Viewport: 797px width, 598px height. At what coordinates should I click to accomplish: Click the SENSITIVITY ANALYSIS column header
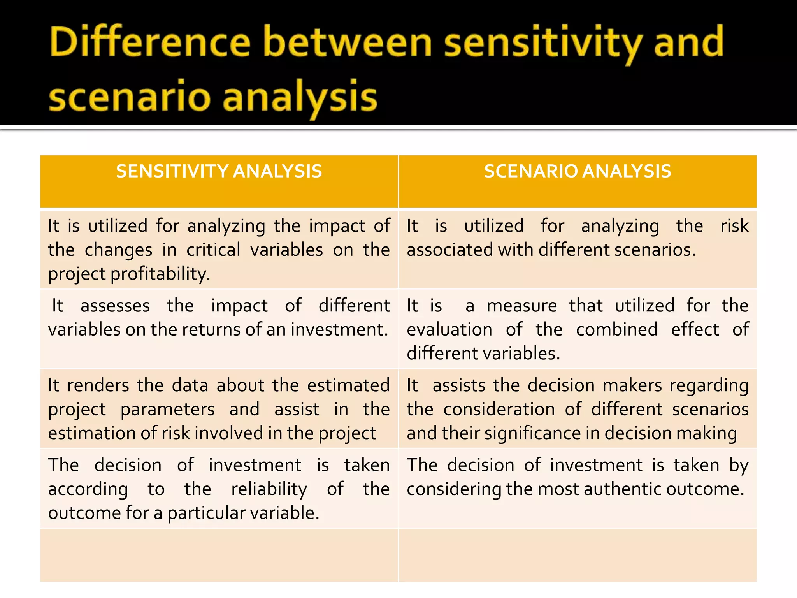tap(219, 172)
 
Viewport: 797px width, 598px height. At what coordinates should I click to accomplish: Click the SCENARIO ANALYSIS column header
tap(578, 172)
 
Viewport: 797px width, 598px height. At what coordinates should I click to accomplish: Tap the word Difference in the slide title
tap(150, 43)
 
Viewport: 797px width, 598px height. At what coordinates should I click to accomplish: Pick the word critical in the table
tap(213, 250)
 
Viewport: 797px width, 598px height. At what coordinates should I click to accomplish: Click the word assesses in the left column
tap(115, 306)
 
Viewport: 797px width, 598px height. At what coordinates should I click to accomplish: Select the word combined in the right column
tap(617, 330)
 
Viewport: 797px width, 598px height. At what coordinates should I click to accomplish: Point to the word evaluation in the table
tap(449, 330)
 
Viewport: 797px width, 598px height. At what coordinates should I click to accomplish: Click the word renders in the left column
tap(98, 385)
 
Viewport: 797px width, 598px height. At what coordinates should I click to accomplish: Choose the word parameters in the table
tap(167, 410)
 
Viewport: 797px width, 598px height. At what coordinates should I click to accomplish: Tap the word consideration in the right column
tap(499, 410)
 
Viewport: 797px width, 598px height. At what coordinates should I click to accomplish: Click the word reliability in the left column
tap(269, 489)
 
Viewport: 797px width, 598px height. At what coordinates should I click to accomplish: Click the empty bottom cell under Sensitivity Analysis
tap(219, 555)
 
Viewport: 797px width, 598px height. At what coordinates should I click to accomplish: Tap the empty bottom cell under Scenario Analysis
tap(578, 555)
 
